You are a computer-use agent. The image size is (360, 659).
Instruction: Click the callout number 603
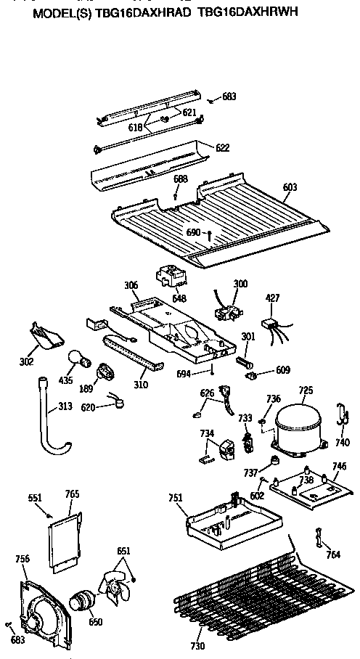point(290,187)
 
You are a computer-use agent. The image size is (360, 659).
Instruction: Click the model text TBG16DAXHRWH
point(247,12)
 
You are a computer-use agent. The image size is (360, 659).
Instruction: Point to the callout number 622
point(222,147)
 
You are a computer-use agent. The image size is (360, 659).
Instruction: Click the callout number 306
point(131,285)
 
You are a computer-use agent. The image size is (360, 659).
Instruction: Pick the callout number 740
point(342,442)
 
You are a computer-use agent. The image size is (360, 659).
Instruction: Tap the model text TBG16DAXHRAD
point(150,12)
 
